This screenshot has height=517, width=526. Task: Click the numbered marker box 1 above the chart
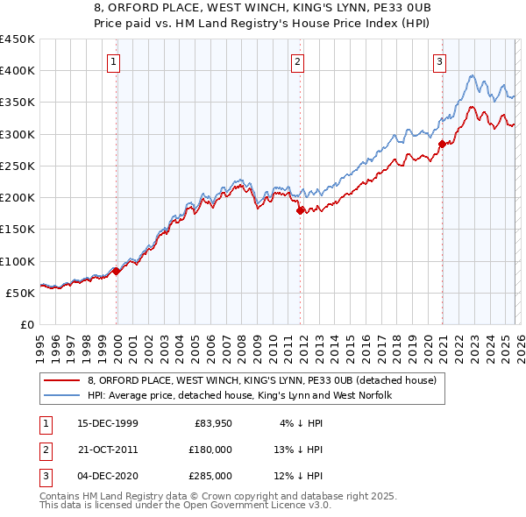(x=116, y=61)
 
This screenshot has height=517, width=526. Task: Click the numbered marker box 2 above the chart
(x=298, y=61)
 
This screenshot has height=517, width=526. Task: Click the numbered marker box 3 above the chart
(x=439, y=61)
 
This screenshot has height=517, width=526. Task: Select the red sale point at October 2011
(x=300, y=210)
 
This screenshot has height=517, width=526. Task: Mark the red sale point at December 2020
(x=442, y=144)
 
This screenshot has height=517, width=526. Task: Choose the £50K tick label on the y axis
(x=21, y=294)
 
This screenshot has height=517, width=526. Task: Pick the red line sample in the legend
(x=62, y=380)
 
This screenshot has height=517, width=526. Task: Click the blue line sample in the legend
(x=62, y=395)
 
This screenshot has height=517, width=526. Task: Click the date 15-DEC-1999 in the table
(x=107, y=424)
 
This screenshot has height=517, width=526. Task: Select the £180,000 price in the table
(x=211, y=450)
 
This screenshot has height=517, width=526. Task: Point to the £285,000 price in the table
(x=211, y=476)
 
